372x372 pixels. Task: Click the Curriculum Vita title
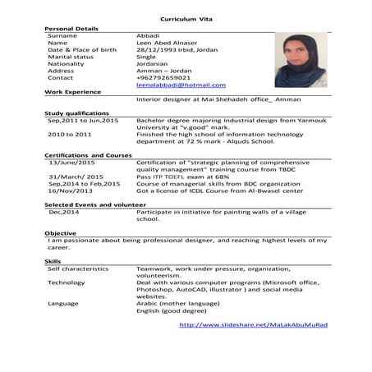click(186, 16)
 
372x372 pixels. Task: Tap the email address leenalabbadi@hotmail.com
click(181, 85)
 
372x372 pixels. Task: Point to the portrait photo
click(301, 60)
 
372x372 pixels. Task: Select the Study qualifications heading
click(76, 113)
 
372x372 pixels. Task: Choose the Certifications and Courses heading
click(88, 155)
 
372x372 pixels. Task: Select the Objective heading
click(61, 233)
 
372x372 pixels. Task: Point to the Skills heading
click(53, 260)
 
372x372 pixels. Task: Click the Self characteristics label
click(78, 268)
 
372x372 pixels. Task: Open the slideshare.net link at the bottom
click(253, 324)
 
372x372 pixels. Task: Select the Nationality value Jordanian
click(158, 63)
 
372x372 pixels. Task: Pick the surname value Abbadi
click(149, 36)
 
